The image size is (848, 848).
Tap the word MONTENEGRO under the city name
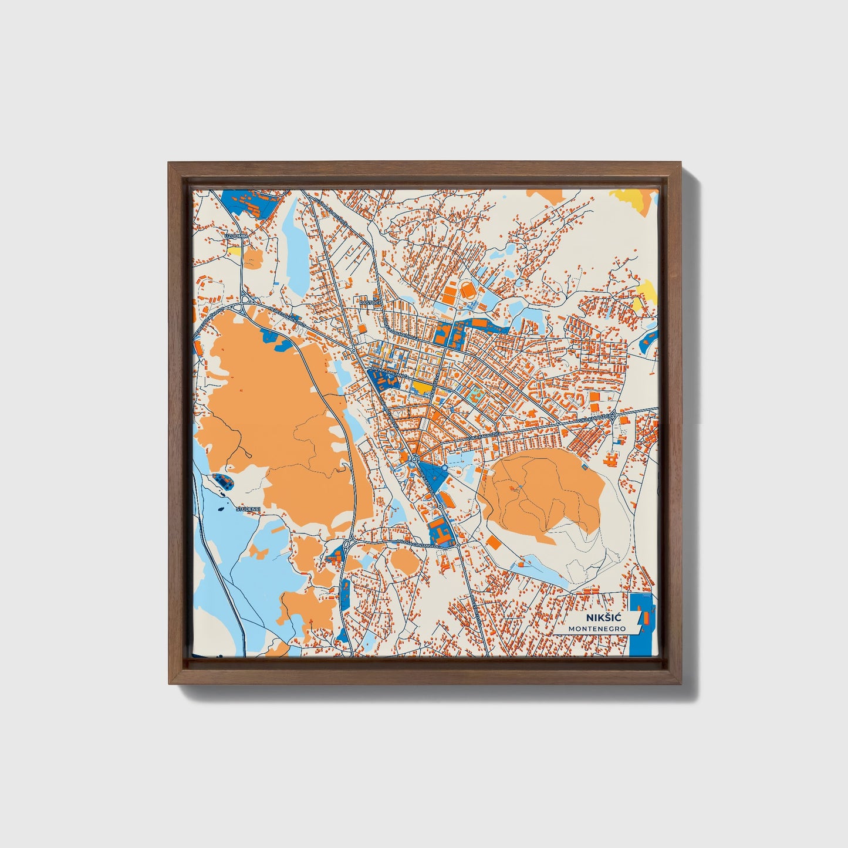click(x=596, y=629)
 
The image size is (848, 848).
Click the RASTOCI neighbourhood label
click(x=371, y=303)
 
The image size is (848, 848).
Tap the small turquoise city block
click(x=475, y=391)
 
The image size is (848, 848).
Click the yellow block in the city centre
click(x=421, y=386)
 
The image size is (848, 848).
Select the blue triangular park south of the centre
click(x=432, y=474)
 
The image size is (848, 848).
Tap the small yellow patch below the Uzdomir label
click(x=234, y=251)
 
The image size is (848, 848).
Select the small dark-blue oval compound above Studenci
click(x=224, y=481)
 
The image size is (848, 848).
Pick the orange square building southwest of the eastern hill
click(x=494, y=543)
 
